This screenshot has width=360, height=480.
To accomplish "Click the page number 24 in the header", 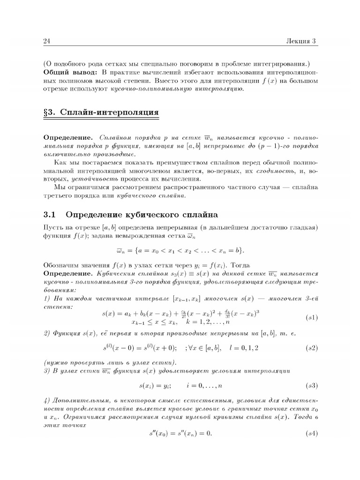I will [x=46, y=41].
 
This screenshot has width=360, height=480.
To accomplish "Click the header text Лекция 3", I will [x=301, y=41].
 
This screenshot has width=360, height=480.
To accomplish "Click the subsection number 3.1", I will [x=49, y=215].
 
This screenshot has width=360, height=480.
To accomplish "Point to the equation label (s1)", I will [x=311, y=317].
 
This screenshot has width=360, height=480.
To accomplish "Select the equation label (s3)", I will [x=311, y=386].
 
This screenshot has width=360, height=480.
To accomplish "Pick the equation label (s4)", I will [x=311, y=433].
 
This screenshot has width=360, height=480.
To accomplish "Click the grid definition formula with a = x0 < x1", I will [x=180, y=249].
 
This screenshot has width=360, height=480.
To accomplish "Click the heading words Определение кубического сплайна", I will [x=142, y=215].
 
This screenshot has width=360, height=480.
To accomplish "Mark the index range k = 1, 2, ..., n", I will [x=207, y=322].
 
